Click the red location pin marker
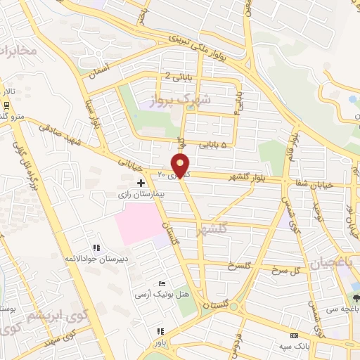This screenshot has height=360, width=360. click(x=181, y=166)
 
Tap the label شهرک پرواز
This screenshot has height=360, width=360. click(x=185, y=100)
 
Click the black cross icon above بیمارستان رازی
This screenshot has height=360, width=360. click(x=141, y=182)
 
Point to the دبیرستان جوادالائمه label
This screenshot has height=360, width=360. click(x=95, y=259)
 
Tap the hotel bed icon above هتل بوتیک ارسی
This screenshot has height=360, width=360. click(x=162, y=283)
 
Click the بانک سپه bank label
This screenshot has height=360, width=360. click(x=292, y=345)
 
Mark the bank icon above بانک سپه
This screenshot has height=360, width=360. click(x=293, y=335)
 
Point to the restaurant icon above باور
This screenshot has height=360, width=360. click(x=160, y=331)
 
